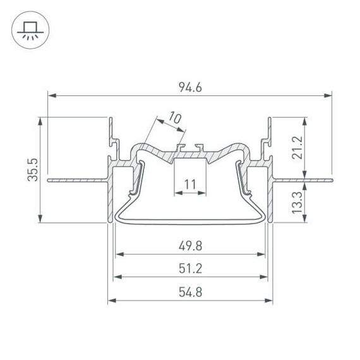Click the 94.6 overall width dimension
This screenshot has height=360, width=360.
190,88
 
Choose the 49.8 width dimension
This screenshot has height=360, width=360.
190,246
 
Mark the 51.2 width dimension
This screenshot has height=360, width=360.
190,269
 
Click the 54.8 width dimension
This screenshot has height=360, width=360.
190,291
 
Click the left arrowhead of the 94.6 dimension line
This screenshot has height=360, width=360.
52,96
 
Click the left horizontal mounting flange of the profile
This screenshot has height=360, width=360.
76,180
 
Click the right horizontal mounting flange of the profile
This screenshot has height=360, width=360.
303,180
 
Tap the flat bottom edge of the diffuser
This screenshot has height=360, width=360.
190,222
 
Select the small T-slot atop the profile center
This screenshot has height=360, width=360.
190,147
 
